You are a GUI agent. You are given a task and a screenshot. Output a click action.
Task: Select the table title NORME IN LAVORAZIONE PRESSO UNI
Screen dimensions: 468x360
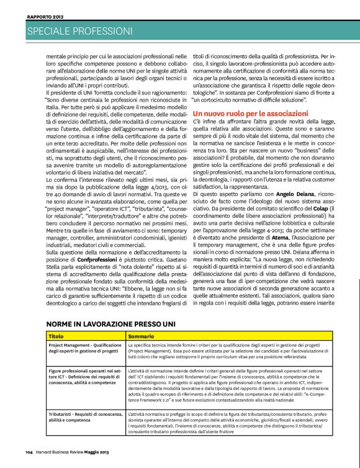pos(111,324)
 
